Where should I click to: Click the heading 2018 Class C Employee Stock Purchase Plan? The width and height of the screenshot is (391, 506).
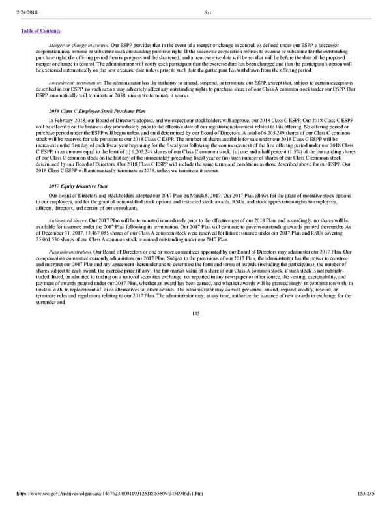click(92, 111)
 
